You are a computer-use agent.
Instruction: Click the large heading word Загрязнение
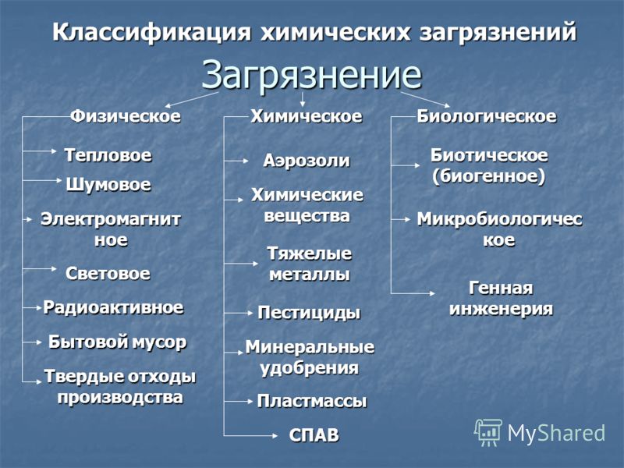(311, 75)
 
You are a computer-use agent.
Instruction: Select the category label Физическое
(126, 116)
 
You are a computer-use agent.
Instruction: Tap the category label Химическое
(307, 116)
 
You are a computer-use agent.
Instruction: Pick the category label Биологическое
(486, 116)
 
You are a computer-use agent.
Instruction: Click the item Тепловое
(108, 154)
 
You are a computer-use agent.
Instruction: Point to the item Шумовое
(108, 185)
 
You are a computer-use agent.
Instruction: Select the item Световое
(108, 274)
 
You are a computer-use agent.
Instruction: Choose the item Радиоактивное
(113, 307)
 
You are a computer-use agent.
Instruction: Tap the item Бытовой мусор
(118, 342)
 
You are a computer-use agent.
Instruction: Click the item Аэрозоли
(307, 161)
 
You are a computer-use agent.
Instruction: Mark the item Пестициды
(309, 313)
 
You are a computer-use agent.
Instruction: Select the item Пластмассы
(311, 401)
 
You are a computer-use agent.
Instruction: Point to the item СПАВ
(314, 435)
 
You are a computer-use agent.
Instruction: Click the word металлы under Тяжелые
(310, 275)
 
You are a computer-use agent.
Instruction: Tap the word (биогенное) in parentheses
(489, 176)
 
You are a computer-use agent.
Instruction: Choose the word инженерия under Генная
(501, 309)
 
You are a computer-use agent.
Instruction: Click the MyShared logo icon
(488, 432)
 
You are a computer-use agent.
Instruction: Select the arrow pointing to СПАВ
(250, 436)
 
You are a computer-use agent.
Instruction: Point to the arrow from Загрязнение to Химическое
(303, 100)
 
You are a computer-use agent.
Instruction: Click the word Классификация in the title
(151, 32)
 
